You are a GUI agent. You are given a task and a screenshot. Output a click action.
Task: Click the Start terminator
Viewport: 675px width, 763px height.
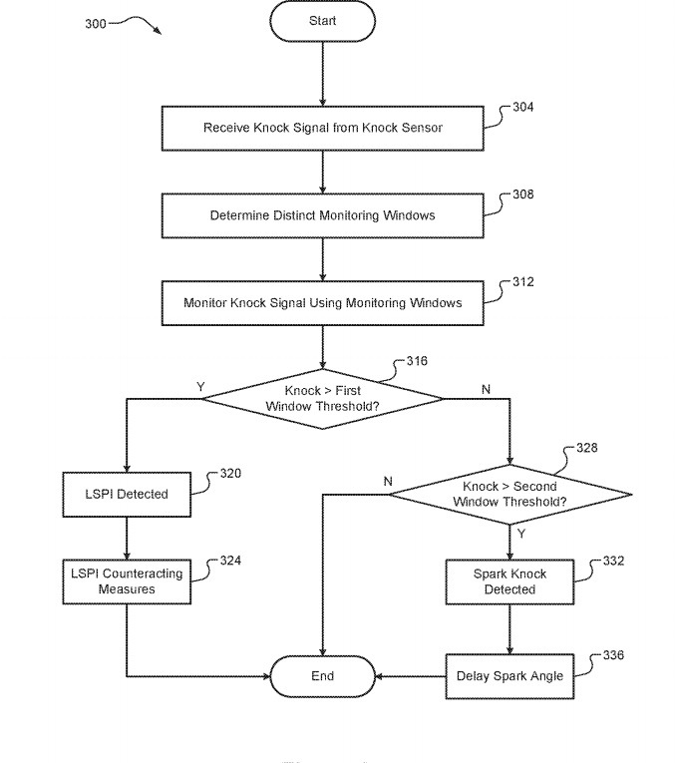click(x=322, y=21)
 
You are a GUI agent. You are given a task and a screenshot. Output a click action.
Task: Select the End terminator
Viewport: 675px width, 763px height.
click(x=322, y=676)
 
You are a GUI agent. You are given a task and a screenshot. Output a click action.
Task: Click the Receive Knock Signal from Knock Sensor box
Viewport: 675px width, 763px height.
click(x=322, y=128)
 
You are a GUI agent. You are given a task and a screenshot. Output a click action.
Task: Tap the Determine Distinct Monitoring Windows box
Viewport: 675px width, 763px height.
click(x=322, y=215)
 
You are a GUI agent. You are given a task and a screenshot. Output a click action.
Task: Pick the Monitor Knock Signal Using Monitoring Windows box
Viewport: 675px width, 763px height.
click(x=322, y=302)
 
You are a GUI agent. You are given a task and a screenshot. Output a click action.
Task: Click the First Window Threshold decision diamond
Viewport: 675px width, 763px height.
click(x=322, y=399)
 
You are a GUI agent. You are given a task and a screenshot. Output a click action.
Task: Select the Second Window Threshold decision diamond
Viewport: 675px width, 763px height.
click(x=509, y=494)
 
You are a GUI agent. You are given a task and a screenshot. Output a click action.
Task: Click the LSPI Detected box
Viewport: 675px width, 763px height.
click(x=127, y=494)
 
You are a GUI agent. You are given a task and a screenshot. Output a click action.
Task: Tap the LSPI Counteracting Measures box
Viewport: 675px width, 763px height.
click(x=127, y=581)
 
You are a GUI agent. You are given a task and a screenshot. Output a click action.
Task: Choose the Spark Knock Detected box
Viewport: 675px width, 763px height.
click(x=509, y=581)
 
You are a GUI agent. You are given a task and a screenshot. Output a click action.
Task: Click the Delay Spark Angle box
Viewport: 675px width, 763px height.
click(x=509, y=676)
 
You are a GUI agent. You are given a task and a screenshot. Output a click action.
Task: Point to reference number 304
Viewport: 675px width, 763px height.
click(x=523, y=107)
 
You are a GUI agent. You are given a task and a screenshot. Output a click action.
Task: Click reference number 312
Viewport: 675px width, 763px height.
click(x=523, y=282)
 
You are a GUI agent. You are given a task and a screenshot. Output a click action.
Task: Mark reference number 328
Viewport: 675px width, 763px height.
click(x=587, y=448)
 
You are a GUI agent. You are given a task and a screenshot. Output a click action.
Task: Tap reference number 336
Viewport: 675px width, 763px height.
click(x=613, y=655)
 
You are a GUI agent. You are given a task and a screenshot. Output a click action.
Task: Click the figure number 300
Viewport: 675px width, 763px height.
click(x=96, y=24)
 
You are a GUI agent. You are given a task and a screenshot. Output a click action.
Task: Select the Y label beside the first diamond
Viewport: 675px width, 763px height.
click(x=200, y=387)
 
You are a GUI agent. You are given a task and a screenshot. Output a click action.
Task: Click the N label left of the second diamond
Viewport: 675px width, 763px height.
click(x=388, y=482)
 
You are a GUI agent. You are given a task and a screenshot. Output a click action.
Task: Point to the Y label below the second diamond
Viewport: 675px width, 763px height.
click(x=521, y=534)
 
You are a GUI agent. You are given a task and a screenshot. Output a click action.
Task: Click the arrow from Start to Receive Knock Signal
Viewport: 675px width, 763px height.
click(x=322, y=74)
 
